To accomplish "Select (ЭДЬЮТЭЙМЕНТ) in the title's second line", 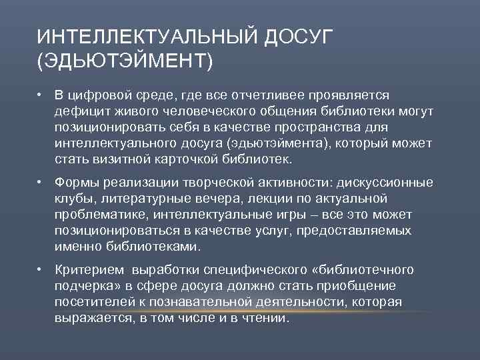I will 125,63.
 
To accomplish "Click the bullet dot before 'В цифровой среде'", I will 41,95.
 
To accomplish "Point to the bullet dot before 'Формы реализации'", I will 41,183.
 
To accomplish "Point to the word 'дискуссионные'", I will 386,183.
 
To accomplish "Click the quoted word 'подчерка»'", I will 85,286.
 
